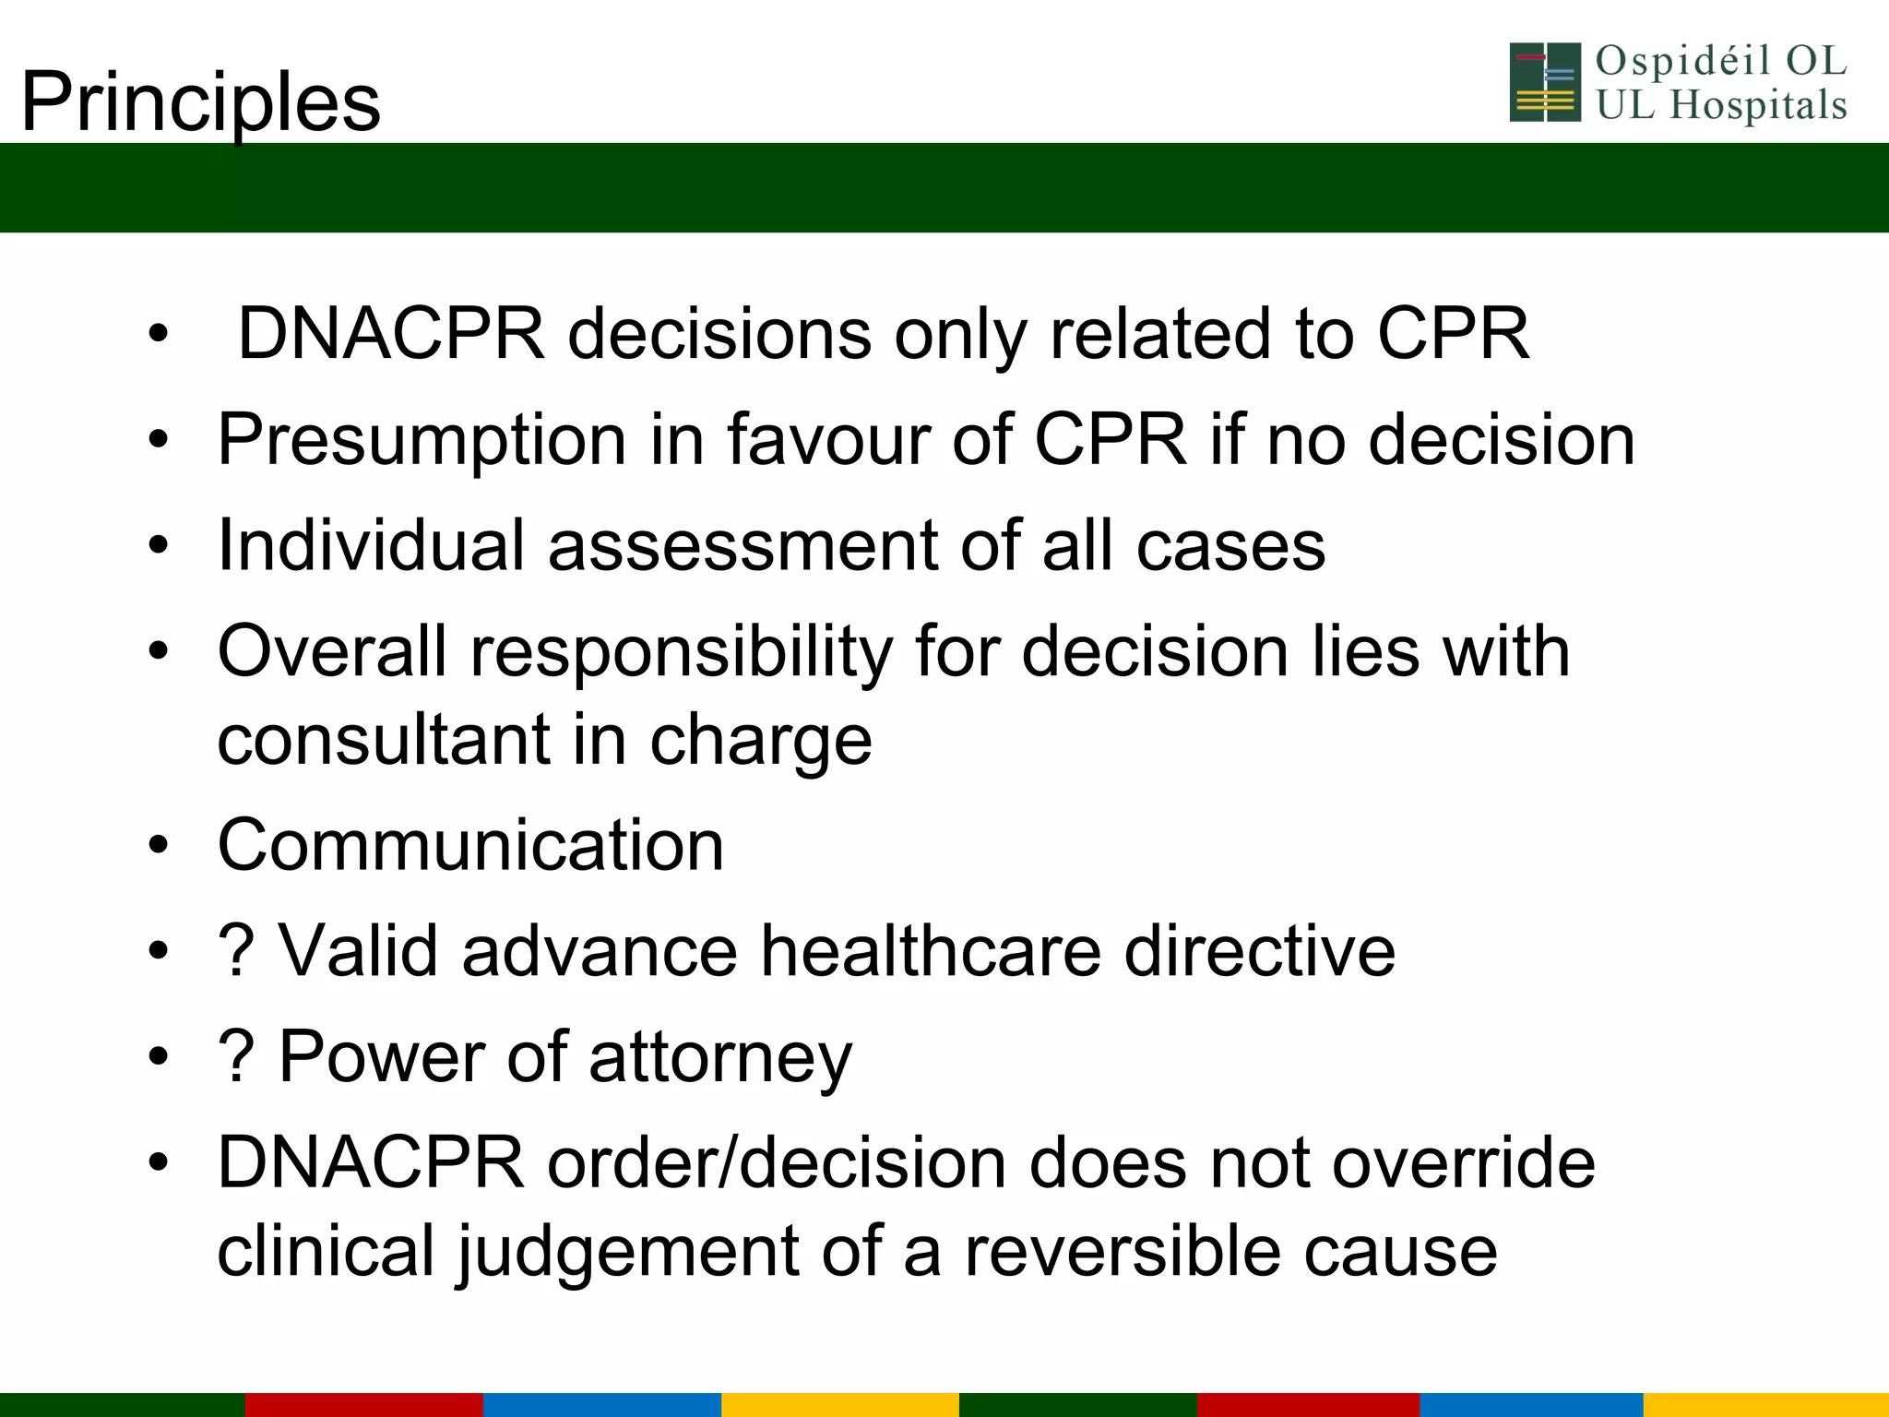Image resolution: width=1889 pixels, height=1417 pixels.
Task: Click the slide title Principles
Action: pyautogui.click(x=200, y=101)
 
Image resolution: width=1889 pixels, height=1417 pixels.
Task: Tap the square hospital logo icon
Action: pyautogui.click(x=1545, y=82)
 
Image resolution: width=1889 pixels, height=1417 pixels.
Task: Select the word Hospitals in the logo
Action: pyautogui.click(x=1758, y=105)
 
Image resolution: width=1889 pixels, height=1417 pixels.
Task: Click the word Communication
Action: pyautogui.click(x=470, y=845)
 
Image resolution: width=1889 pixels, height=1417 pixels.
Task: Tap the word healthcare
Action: pyautogui.click(x=930, y=951)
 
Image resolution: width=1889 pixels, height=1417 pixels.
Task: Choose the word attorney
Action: pyautogui.click(x=720, y=1057)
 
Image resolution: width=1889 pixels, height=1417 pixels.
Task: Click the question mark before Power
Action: pyautogui.click(x=236, y=1057)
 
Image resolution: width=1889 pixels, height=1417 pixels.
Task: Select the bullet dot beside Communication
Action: pyautogui.click(x=159, y=845)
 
